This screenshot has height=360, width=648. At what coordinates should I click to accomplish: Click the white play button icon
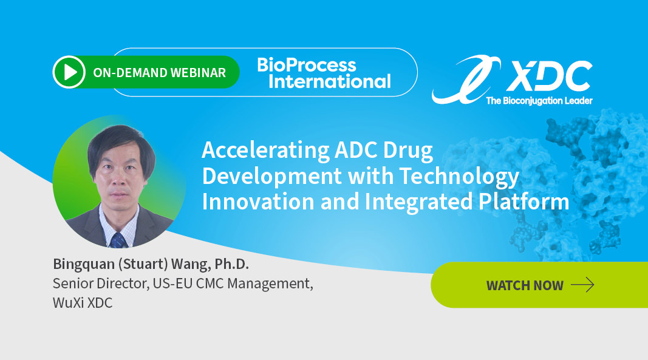click(x=69, y=72)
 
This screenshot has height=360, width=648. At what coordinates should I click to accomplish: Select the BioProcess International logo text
click(x=324, y=73)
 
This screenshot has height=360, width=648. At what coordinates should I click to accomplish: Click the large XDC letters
click(x=549, y=76)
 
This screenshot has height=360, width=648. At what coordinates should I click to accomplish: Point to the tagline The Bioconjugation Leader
click(x=539, y=100)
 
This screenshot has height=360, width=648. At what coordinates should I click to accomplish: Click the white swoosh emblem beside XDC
click(x=466, y=80)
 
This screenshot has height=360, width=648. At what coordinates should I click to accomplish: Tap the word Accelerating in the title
click(x=265, y=151)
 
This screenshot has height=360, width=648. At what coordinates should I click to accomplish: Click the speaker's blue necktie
click(x=118, y=240)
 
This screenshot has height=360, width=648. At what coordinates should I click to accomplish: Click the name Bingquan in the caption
click(x=84, y=264)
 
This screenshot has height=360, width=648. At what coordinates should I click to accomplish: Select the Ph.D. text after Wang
click(x=231, y=264)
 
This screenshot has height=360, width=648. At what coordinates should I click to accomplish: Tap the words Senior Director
click(x=101, y=284)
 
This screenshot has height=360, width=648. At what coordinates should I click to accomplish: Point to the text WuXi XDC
click(x=83, y=303)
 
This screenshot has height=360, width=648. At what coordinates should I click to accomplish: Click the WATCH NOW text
click(x=525, y=285)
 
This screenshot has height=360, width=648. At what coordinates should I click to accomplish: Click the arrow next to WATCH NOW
click(x=582, y=285)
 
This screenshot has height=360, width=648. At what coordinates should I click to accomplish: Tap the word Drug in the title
click(x=408, y=151)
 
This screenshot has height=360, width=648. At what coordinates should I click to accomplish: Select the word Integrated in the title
click(x=418, y=202)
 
